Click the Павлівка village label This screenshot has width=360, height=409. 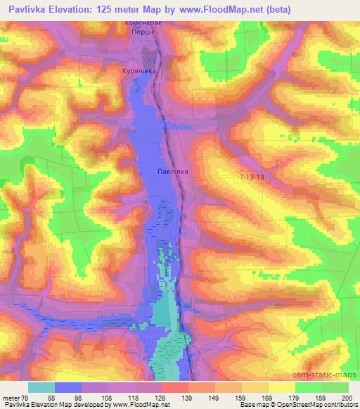[172, 171]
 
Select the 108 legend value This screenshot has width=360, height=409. [105, 398]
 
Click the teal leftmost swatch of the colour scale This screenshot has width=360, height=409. [41, 387]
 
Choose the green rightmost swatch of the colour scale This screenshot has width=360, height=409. [335, 387]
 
